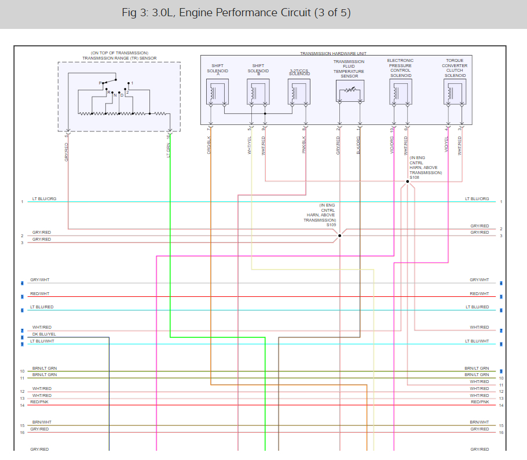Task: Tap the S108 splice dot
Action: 408,182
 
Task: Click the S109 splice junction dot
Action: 340,235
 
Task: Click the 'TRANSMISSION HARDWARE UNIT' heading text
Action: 333,53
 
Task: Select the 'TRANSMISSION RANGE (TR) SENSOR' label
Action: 119,58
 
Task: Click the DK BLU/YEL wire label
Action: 44,334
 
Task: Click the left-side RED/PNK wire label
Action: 39,402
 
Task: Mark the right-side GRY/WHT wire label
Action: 479,280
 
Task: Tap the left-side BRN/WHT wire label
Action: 42,422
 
